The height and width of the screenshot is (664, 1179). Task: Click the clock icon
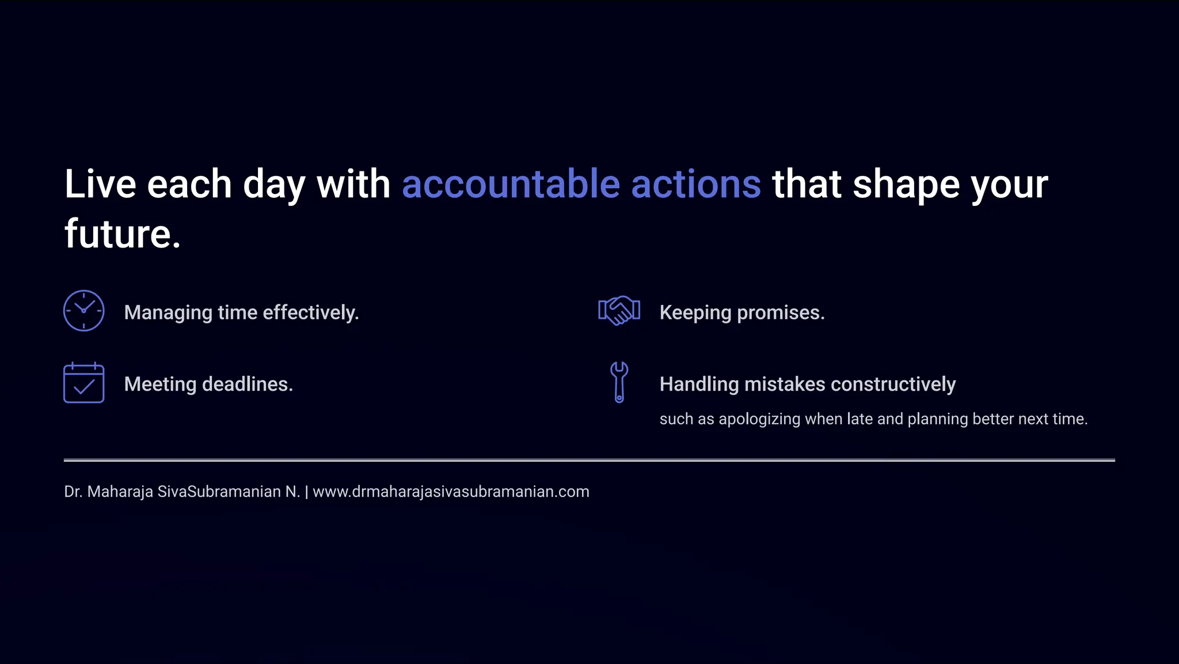click(x=83, y=311)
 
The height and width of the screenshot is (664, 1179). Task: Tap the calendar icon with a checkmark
click(x=83, y=383)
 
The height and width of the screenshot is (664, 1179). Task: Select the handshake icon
click(x=619, y=311)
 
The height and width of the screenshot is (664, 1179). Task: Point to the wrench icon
click(x=619, y=382)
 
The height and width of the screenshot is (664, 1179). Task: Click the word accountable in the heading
click(x=511, y=185)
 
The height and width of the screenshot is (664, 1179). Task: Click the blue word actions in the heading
click(x=696, y=185)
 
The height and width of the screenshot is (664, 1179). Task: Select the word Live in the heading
click(x=100, y=185)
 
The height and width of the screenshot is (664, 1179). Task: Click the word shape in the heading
click(x=906, y=185)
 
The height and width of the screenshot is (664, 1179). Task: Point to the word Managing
click(x=168, y=313)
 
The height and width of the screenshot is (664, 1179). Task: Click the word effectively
click(x=311, y=312)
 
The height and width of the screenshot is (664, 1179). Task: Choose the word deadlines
click(x=248, y=384)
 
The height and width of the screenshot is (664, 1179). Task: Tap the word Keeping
click(x=695, y=313)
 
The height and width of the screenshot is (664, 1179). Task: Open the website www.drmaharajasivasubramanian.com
click(x=451, y=492)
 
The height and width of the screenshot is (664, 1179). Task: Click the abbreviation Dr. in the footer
click(x=73, y=492)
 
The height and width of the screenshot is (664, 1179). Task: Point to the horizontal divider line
click(x=589, y=460)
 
